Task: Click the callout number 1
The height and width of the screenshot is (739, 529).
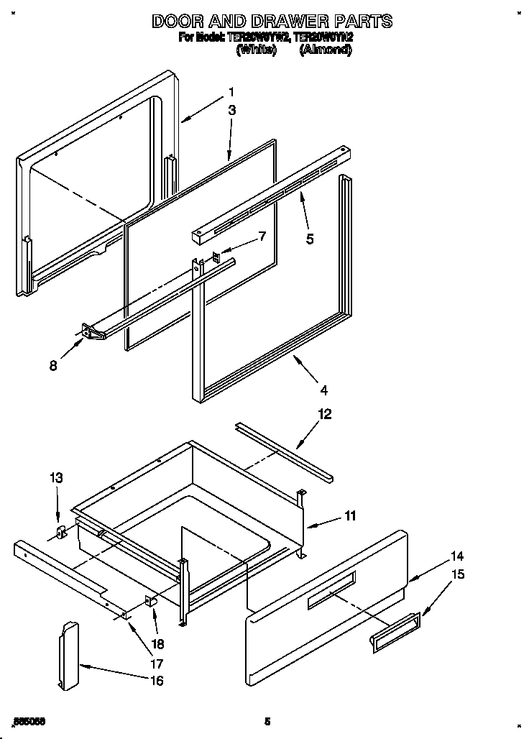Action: click(x=231, y=92)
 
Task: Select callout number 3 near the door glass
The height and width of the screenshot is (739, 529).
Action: click(x=232, y=110)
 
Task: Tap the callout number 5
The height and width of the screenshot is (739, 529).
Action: click(x=310, y=239)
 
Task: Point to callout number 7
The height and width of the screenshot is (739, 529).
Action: click(x=262, y=236)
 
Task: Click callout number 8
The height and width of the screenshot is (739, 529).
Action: click(x=53, y=364)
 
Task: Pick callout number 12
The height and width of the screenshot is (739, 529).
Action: click(x=325, y=414)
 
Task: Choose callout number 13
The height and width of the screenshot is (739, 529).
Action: click(x=57, y=477)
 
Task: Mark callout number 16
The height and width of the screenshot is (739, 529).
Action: click(x=156, y=680)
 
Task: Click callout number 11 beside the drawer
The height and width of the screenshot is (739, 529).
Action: click(x=350, y=515)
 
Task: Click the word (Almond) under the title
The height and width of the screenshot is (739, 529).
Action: click(x=325, y=50)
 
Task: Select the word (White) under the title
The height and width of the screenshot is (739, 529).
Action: click(x=256, y=50)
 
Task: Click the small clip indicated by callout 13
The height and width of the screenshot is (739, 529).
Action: click(x=61, y=533)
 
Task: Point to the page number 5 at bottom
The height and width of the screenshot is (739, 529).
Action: click(x=267, y=720)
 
